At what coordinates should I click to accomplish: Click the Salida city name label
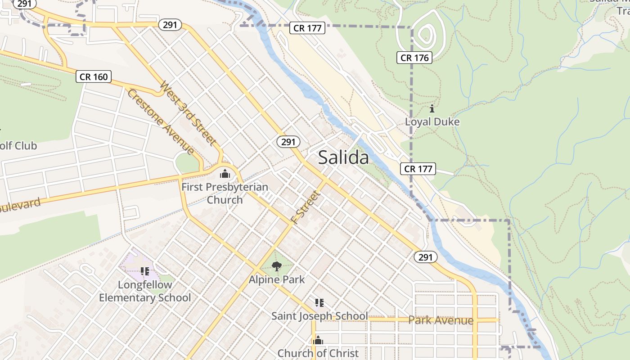click(343, 157)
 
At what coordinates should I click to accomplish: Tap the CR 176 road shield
click(414, 58)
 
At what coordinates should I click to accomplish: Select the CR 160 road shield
click(94, 76)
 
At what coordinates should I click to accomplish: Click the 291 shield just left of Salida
click(288, 142)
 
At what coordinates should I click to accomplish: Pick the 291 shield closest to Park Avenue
click(425, 257)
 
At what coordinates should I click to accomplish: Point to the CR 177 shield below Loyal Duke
click(418, 169)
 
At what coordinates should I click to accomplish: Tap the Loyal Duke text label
click(432, 122)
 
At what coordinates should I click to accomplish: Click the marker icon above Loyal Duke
click(432, 108)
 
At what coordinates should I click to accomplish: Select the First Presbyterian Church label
click(225, 193)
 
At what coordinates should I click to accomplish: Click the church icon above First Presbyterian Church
click(225, 174)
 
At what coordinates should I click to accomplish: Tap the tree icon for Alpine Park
click(277, 266)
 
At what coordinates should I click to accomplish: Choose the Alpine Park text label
click(277, 279)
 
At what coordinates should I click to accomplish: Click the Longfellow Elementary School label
click(145, 291)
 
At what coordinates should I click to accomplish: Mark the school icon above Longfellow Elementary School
click(144, 271)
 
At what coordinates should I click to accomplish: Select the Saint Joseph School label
click(319, 316)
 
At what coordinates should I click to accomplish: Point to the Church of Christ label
click(318, 353)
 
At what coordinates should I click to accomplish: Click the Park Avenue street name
click(441, 320)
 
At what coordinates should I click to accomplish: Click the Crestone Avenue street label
click(161, 122)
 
